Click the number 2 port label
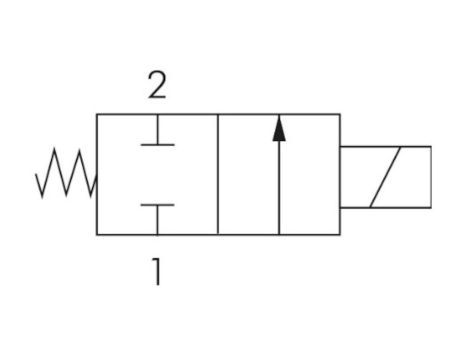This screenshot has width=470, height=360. (156, 87)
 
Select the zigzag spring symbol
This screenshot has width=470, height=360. (66, 175)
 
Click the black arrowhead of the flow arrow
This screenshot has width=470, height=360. (278, 127)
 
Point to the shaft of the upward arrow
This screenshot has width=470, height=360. (278, 185)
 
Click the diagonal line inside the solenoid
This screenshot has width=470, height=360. (385, 176)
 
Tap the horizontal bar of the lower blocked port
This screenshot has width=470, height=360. (156, 205)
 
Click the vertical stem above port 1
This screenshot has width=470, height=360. (156, 220)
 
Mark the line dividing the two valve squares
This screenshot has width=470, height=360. (218, 175)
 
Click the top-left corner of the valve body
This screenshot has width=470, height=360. (97, 115)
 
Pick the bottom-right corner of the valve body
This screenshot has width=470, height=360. (340, 235)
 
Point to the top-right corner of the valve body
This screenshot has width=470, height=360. (340, 115)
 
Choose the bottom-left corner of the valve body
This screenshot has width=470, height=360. (97, 235)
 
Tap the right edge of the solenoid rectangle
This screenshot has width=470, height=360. (431, 176)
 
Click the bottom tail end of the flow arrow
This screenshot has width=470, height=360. (278, 234)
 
